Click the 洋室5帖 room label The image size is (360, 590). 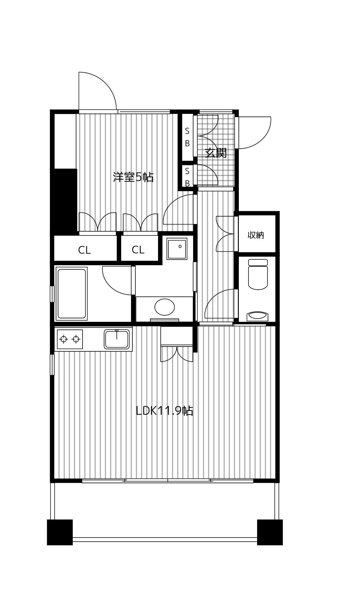(133, 177)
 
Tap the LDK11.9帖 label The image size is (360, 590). (164, 411)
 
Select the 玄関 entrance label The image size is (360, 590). (216, 153)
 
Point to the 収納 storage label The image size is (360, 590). (256, 235)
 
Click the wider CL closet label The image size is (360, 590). (84, 250)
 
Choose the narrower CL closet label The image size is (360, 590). (138, 250)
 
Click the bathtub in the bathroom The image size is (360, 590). (72, 293)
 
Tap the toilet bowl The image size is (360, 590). (258, 274)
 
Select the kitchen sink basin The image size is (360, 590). (117, 339)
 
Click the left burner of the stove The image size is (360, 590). (63, 339)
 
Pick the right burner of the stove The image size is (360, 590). (76, 339)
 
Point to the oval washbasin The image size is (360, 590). (165, 307)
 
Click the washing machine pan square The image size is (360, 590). (177, 249)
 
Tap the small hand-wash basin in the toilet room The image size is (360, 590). (258, 316)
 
